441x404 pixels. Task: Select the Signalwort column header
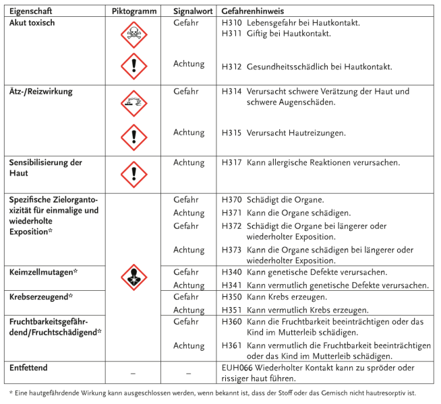[x=189, y=11]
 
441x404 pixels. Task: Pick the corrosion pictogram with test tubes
[x=134, y=103]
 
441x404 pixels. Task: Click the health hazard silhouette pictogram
[x=134, y=277]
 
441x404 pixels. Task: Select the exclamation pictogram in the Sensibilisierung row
[x=134, y=174]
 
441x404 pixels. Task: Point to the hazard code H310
[x=231, y=23]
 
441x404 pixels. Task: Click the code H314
[x=231, y=91]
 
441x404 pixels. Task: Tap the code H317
[x=231, y=162]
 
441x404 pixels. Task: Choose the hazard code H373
[x=231, y=250]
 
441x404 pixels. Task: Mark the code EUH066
[x=238, y=368]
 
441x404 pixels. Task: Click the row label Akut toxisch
[x=32, y=23]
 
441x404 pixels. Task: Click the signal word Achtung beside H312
[x=189, y=64]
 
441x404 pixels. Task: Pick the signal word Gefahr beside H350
[x=186, y=296]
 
